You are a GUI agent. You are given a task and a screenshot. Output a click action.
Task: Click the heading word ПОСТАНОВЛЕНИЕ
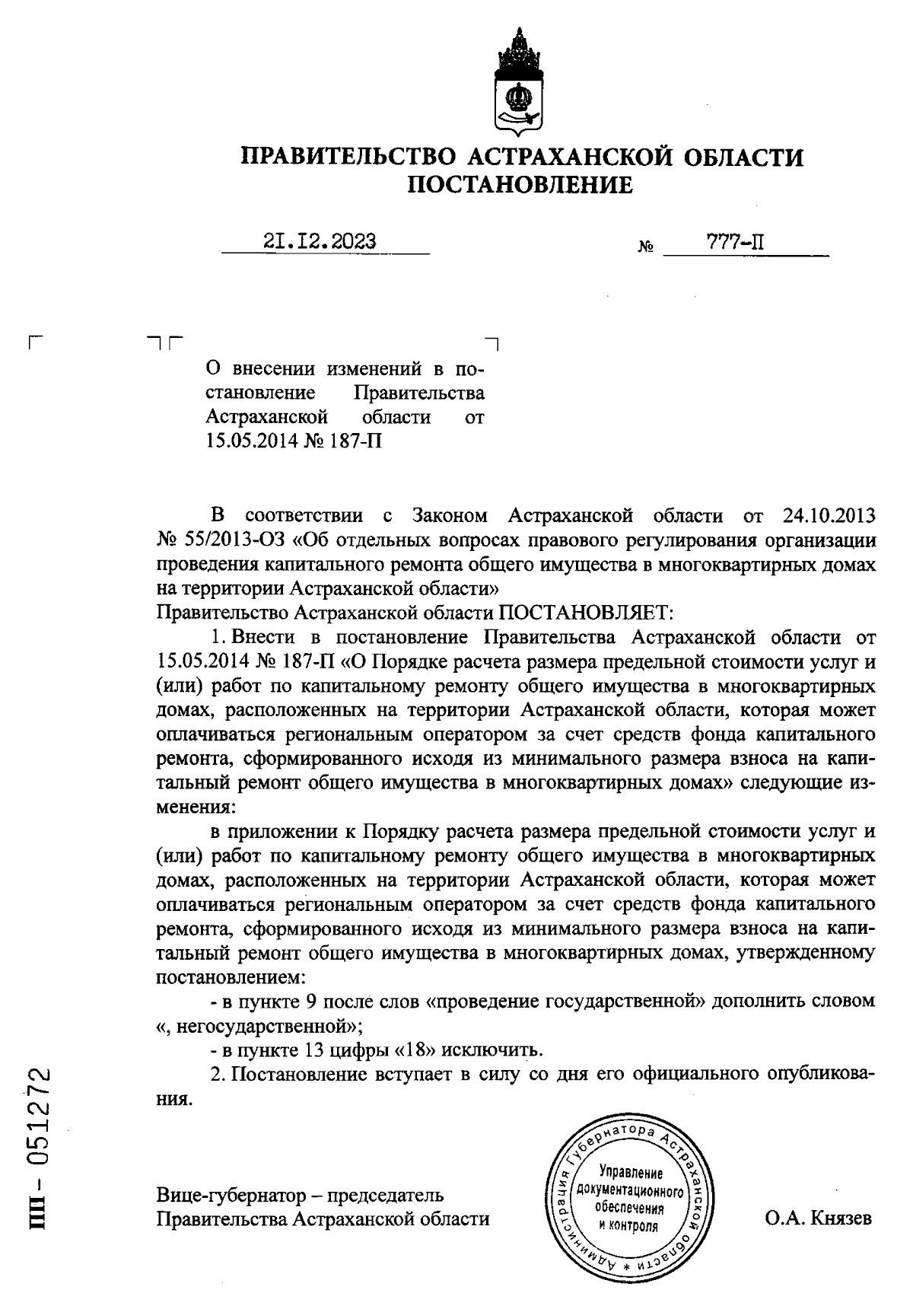[x=520, y=185]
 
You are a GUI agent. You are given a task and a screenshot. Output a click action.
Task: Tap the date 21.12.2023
[x=320, y=241]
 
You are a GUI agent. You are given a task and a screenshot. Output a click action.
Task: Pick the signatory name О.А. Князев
[x=819, y=1218]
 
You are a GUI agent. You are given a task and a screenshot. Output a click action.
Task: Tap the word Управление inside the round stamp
[x=631, y=1172]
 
